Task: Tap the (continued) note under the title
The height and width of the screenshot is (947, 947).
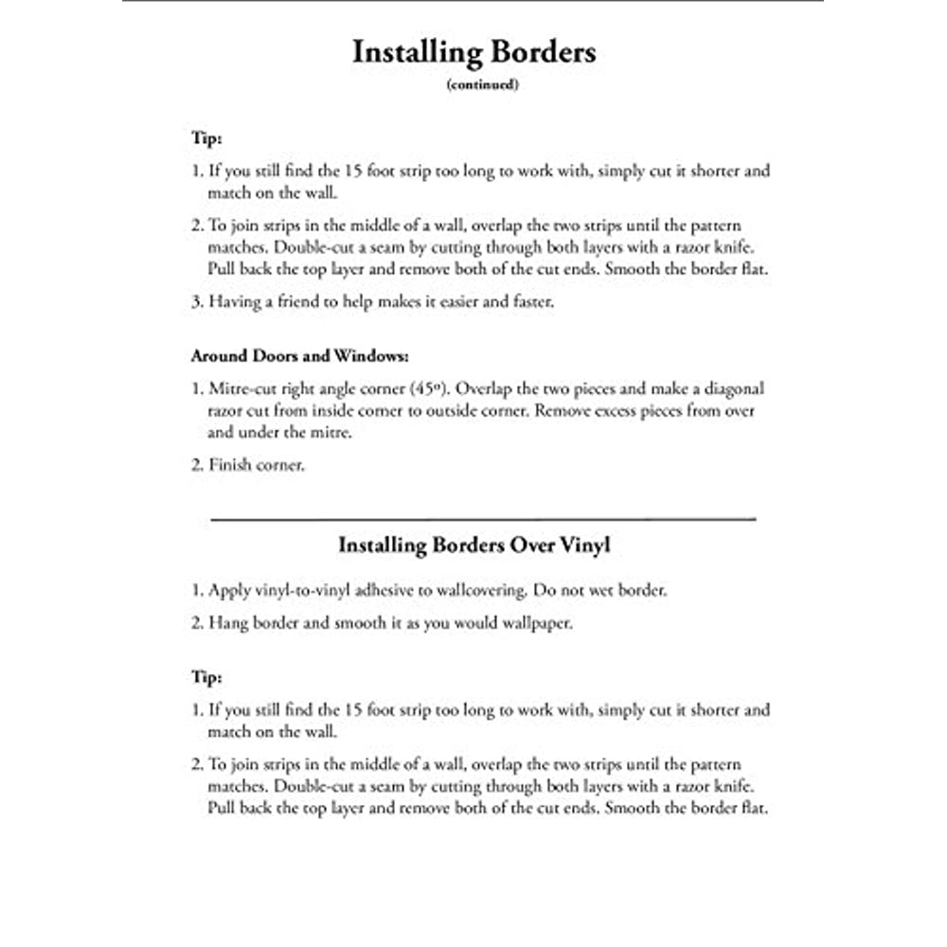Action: click(483, 84)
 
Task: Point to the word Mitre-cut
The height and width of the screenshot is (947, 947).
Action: click(246, 389)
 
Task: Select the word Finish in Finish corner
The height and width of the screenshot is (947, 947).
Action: click(228, 467)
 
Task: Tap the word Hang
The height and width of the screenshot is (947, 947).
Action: click(226, 624)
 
